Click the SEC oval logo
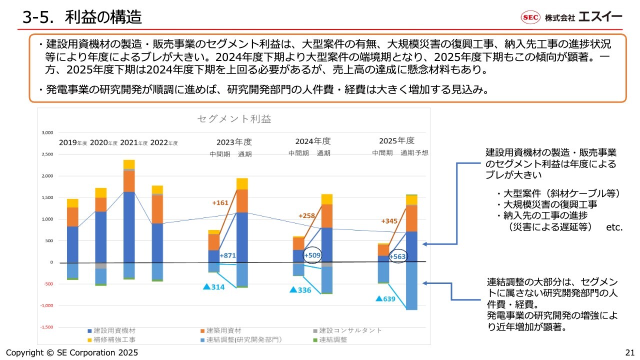click(530, 17)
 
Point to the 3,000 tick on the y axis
click(46, 133)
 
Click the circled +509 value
click(312, 254)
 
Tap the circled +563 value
click(398, 256)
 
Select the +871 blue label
click(227, 255)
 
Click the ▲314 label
click(213, 287)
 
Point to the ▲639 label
click(385, 299)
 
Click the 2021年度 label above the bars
click(134, 142)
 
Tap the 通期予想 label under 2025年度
click(414, 153)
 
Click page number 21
click(629, 352)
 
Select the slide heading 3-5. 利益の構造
click(82, 17)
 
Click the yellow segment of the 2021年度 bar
click(129, 164)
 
